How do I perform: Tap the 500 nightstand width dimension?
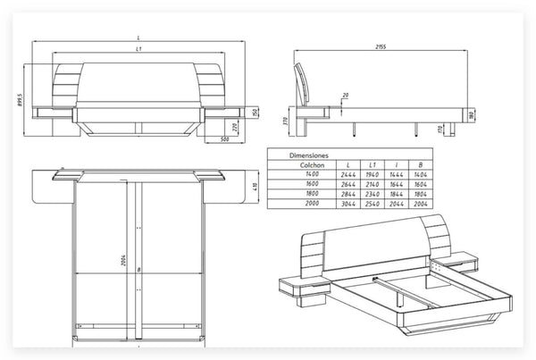pos(223,139)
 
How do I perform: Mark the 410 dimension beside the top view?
pos(255,187)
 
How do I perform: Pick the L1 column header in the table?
pos(372,164)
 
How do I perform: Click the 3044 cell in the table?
pos(346,204)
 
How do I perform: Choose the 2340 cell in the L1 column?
pos(372,194)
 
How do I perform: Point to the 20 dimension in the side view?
pos(346,96)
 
